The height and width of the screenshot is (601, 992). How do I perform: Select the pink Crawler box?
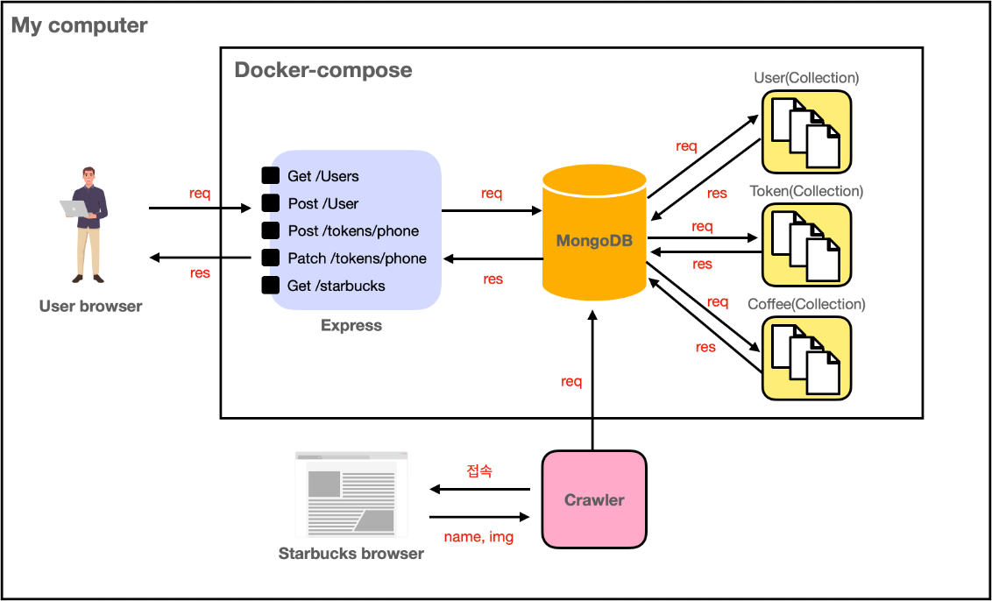pyautogui.click(x=594, y=499)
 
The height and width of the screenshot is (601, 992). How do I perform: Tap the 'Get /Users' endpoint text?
pyautogui.click(x=322, y=176)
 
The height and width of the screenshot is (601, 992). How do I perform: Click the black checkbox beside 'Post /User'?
pyautogui.click(x=271, y=203)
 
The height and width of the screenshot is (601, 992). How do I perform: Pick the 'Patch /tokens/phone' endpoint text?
pyautogui.click(x=357, y=258)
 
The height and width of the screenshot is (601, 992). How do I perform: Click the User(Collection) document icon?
pyautogui.click(x=806, y=131)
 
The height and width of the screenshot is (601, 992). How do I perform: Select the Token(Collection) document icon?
pyautogui.click(x=806, y=244)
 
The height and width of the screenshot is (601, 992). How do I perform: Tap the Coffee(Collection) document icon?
pyautogui.click(x=806, y=357)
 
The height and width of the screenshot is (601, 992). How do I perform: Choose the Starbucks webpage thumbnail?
pyautogui.click(x=351, y=494)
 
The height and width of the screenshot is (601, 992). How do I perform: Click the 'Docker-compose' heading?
pyautogui.click(x=323, y=70)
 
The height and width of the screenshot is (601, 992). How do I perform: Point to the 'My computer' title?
pyautogui.click(x=80, y=25)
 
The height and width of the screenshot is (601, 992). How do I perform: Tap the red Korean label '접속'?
pyautogui.click(x=479, y=471)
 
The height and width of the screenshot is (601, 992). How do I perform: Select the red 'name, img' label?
pyautogui.click(x=478, y=536)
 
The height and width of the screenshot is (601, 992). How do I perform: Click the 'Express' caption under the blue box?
pyautogui.click(x=351, y=325)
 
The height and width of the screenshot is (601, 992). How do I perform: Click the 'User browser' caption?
pyautogui.click(x=90, y=306)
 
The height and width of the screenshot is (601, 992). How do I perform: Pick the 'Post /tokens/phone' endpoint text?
pyautogui.click(x=353, y=231)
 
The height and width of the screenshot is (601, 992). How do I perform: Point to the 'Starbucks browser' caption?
pyautogui.click(x=351, y=553)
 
